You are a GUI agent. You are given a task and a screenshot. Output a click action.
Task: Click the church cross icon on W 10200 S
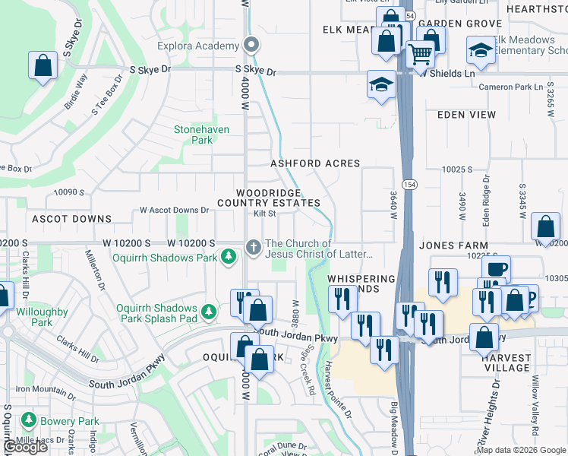coord(254,244)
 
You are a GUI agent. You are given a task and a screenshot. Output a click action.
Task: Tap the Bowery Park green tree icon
coord(29,420)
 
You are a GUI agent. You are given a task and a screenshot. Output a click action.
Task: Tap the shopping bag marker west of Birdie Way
coord(43,65)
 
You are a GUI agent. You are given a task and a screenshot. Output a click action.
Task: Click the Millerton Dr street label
coord(101,271)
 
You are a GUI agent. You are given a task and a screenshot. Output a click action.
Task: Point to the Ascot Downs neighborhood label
coord(71,219)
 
